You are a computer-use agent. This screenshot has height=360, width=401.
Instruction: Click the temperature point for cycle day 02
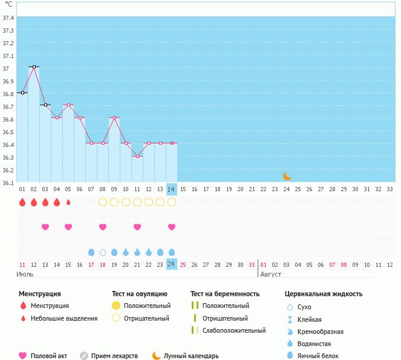(34, 67)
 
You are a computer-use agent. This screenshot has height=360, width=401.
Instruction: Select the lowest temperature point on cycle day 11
(137, 156)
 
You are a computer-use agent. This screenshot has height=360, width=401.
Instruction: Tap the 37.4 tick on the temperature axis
(8, 18)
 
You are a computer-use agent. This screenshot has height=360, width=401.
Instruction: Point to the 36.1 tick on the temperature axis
(8, 183)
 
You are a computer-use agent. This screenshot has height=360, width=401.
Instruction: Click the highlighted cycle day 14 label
(171, 189)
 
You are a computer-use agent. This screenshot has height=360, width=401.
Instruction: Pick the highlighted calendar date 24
(171, 264)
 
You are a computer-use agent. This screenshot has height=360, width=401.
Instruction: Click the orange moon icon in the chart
(287, 176)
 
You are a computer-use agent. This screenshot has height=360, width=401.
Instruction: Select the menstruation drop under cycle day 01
(22, 202)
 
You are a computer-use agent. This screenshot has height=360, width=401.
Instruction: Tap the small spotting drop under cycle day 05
(68, 202)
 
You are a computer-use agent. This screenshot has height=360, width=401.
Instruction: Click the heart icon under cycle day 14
(172, 227)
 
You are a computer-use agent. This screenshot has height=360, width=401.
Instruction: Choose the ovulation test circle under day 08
(103, 202)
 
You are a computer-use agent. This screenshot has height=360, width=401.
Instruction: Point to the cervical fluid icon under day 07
(91, 252)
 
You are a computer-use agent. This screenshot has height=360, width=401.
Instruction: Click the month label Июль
(25, 274)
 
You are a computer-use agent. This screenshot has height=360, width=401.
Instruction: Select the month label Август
(270, 274)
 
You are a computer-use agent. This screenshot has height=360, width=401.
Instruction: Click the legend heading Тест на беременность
(224, 293)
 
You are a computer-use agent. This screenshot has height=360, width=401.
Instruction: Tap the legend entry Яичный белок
(322, 356)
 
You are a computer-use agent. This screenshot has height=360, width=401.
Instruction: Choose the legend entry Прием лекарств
(114, 356)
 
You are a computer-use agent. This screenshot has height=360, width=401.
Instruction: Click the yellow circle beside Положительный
(116, 306)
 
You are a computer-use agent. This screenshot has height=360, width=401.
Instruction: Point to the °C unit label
(8, 4)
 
